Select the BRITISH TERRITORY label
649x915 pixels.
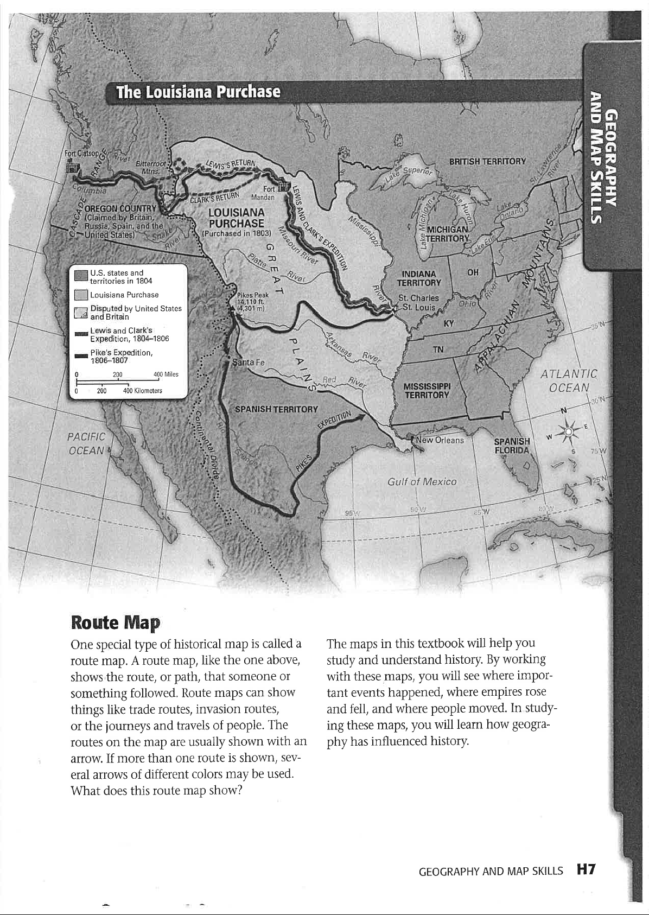[488, 161]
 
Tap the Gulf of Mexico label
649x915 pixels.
[422, 481]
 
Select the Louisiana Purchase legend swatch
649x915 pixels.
[81, 295]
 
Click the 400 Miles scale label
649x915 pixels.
[166, 374]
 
